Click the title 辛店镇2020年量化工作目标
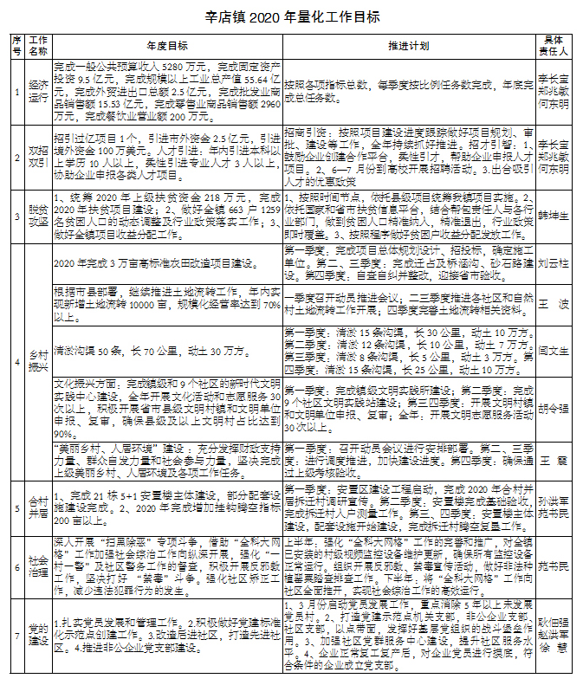pyautogui.click(x=292, y=16)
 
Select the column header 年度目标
pyautogui.click(x=167, y=44)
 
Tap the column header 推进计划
pyautogui.click(x=406, y=44)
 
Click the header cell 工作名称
pyautogui.click(x=37, y=44)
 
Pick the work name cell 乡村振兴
pyautogui.click(x=37, y=359)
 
